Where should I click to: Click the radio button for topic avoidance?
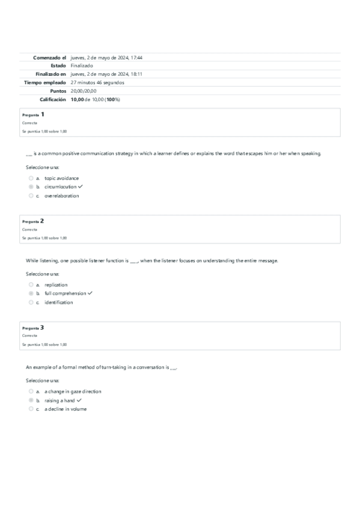click(x=31, y=179)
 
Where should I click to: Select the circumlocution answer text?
click(x=60, y=187)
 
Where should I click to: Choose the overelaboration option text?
click(x=61, y=195)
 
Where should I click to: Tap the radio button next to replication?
click(x=31, y=285)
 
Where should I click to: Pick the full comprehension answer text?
click(x=65, y=293)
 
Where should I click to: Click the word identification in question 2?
click(x=58, y=302)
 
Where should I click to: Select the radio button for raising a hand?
click(x=31, y=400)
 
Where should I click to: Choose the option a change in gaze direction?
click(x=73, y=392)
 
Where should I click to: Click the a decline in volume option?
click(x=66, y=409)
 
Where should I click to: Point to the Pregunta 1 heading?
click(x=33, y=114)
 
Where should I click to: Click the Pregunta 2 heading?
click(x=33, y=221)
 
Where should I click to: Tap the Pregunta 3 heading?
click(x=33, y=328)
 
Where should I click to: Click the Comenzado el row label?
click(x=49, y=58)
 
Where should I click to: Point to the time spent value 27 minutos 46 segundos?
click(x=97, y=82)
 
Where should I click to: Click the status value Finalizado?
click(x=82, y=66)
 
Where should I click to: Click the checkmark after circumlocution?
click(x=80, y=187)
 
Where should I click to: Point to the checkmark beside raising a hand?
click(x=79, y=400)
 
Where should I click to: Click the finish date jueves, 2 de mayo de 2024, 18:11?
click(x=106, y=74)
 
